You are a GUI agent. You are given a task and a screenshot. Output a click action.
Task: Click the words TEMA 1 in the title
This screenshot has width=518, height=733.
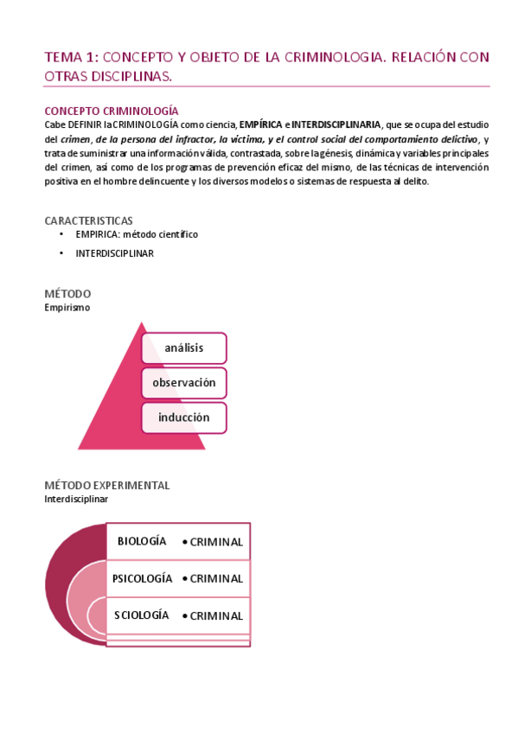pyautogui.click(x=72, y=57)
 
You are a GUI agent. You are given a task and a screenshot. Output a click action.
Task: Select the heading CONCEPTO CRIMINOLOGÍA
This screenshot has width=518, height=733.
pyautogui.click(x=112, y=111)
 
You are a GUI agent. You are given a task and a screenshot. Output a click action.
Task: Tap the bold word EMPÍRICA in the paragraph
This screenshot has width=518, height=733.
pyautogui.click(x=262, y=125)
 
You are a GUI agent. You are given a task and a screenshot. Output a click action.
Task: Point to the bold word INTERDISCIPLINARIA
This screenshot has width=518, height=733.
pyautogui.click(x=336, y=125)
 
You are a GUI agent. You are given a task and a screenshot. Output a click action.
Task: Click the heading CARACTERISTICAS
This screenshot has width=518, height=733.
pyautogui.click(x=88, y=220)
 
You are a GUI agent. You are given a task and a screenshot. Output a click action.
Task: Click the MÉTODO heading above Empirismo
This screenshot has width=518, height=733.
pyautogui.click(x=67, y=294)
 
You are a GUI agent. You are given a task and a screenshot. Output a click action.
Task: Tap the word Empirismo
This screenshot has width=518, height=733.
pyautogui.click(x=67, y=307)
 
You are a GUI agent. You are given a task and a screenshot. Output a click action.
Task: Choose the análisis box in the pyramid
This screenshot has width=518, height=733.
pyautogui.click(x=183, y=348)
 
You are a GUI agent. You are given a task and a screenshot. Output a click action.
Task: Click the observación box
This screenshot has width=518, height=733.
pyautogui.click(x=183, y=382)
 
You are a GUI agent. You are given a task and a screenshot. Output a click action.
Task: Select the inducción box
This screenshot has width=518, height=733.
pyautogui.click(x=183, y=417)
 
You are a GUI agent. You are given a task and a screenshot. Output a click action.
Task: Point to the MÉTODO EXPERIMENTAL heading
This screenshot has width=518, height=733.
pyautogui.click(x=106, y=486)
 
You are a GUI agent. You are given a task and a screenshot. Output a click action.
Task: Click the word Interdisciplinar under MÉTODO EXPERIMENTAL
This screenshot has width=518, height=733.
pyautogui.click(x=76, y=499)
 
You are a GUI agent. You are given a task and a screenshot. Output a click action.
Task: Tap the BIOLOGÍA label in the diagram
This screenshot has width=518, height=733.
pyautogui.click(x=142, y=541)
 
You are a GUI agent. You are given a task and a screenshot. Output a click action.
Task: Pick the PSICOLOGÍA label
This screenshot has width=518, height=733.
pyautogui.click(x=142, y=578)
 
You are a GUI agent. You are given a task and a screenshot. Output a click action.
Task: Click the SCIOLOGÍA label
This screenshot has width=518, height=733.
pyautogui.click(x=141, y=615)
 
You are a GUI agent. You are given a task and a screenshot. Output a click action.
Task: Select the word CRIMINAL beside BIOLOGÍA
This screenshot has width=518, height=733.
pyautogui.click(x=216, y=542)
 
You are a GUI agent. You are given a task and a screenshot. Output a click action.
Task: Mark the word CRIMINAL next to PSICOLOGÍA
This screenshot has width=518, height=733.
pyautogui.click(x=216, y=579)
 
